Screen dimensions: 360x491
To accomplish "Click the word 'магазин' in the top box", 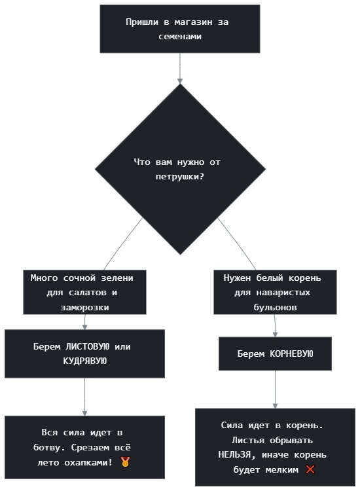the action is tap(192, 22).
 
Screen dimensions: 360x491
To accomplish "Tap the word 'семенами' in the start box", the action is tap(180, 37).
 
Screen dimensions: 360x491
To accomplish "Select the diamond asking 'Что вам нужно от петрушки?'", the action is tap(180, 170).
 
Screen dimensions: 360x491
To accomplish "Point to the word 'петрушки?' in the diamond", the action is tap(180, 177).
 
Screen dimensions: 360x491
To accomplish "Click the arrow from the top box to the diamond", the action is tap(180, 68).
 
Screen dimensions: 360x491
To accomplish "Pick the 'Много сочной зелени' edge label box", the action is tap(84, 292).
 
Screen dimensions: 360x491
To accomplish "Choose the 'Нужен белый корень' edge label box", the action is tap(275, 292).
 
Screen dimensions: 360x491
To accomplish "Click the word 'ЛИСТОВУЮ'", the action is tap(87, 346).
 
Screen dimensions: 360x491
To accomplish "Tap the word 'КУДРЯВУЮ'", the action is tap(85, 361).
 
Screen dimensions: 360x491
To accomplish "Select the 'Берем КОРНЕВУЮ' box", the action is tap(275, 354).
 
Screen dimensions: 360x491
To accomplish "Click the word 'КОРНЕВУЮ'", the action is tap(291, 354).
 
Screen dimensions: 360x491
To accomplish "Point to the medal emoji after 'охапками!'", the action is tap(125, 462).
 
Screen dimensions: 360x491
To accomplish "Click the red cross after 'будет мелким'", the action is tap(310, 469).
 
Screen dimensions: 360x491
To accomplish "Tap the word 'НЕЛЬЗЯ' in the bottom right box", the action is tap(234, 455).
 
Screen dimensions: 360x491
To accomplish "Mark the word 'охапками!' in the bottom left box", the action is tap(88, 462).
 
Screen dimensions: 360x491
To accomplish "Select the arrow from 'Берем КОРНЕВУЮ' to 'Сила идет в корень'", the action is tap(275, 390).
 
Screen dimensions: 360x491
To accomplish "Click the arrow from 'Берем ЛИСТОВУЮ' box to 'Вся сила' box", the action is tap(84, 397).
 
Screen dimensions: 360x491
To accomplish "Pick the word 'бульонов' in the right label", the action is tap(275, 308).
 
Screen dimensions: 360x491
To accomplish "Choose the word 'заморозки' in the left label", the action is tap(84, 308).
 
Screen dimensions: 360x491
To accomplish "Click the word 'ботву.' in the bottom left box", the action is tap(49, 448).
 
